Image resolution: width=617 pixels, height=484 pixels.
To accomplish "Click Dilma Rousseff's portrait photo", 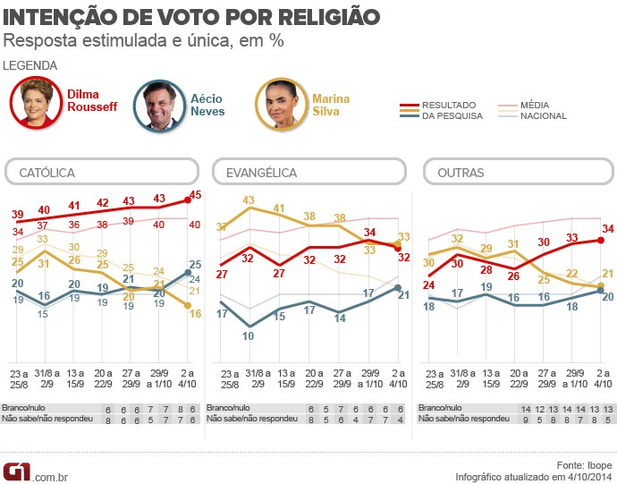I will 38,105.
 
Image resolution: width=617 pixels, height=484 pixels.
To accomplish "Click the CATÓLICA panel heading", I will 47,172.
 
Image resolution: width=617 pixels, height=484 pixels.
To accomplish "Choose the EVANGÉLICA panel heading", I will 261,172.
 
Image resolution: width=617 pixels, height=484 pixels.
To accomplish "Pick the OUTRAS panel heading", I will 461,172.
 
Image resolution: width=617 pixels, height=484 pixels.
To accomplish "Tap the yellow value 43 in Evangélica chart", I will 249,200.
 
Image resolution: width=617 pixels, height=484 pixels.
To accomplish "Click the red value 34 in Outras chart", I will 609,229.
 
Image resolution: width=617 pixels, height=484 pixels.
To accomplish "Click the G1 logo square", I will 16,471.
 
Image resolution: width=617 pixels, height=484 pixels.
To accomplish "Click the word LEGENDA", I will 30,65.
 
